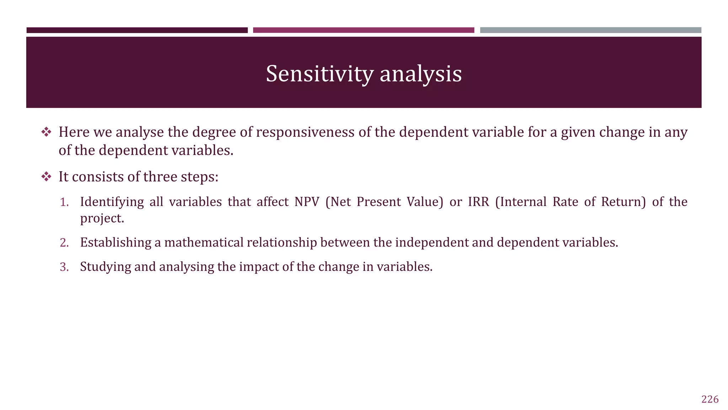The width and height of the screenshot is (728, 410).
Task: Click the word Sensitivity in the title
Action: [x=319, y=74]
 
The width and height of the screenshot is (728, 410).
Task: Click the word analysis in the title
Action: [x=421, y=74]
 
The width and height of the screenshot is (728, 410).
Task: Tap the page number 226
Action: [x=710, y=399]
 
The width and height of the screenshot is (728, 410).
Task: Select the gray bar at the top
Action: [x=590, y=30]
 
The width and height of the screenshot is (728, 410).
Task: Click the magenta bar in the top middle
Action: [x=363, y=30]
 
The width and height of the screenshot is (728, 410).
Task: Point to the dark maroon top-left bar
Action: [x=137, y=30]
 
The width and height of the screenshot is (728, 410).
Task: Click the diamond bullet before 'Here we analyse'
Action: [x=46, y=132]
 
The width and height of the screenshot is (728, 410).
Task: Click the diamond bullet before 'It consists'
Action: [x=46, y=177]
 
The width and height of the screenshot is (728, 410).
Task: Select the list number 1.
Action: [x=64, y=202]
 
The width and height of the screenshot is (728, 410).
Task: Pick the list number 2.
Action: [x=64, y=243]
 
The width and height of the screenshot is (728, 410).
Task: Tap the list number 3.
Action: [x=64, y=267]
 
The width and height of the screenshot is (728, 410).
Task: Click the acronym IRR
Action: [x=478, y=202]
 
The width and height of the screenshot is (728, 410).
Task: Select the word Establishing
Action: [x=116, y=243]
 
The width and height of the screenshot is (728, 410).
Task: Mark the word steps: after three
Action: [x=199, y=177]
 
